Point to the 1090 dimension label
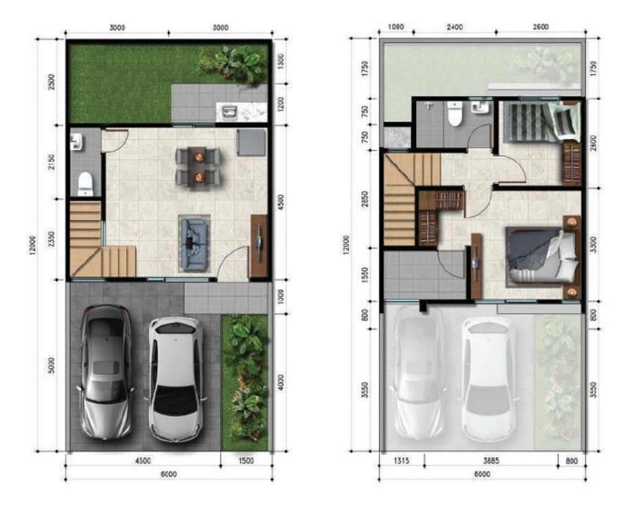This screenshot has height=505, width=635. coord(396,27)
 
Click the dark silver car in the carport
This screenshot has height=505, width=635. coord(106,371)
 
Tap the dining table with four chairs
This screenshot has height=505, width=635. coord(198,166)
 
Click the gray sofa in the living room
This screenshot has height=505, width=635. coord(195,243)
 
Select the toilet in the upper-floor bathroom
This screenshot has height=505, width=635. coord(455,115)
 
